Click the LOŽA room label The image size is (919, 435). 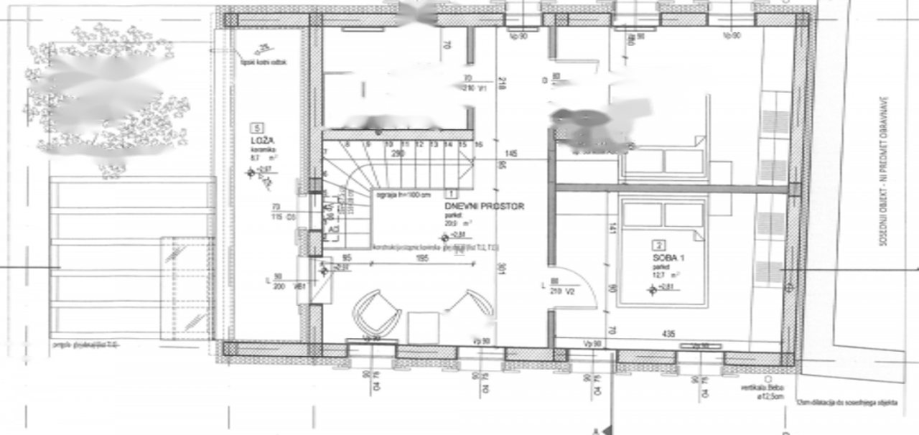point(257,140)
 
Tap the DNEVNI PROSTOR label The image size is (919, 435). point(484,206)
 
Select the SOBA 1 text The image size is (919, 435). point(666,257)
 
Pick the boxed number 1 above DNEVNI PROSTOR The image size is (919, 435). point(452,193)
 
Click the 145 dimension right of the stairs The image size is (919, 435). point(511,154)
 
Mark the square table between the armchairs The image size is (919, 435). point(423,327)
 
